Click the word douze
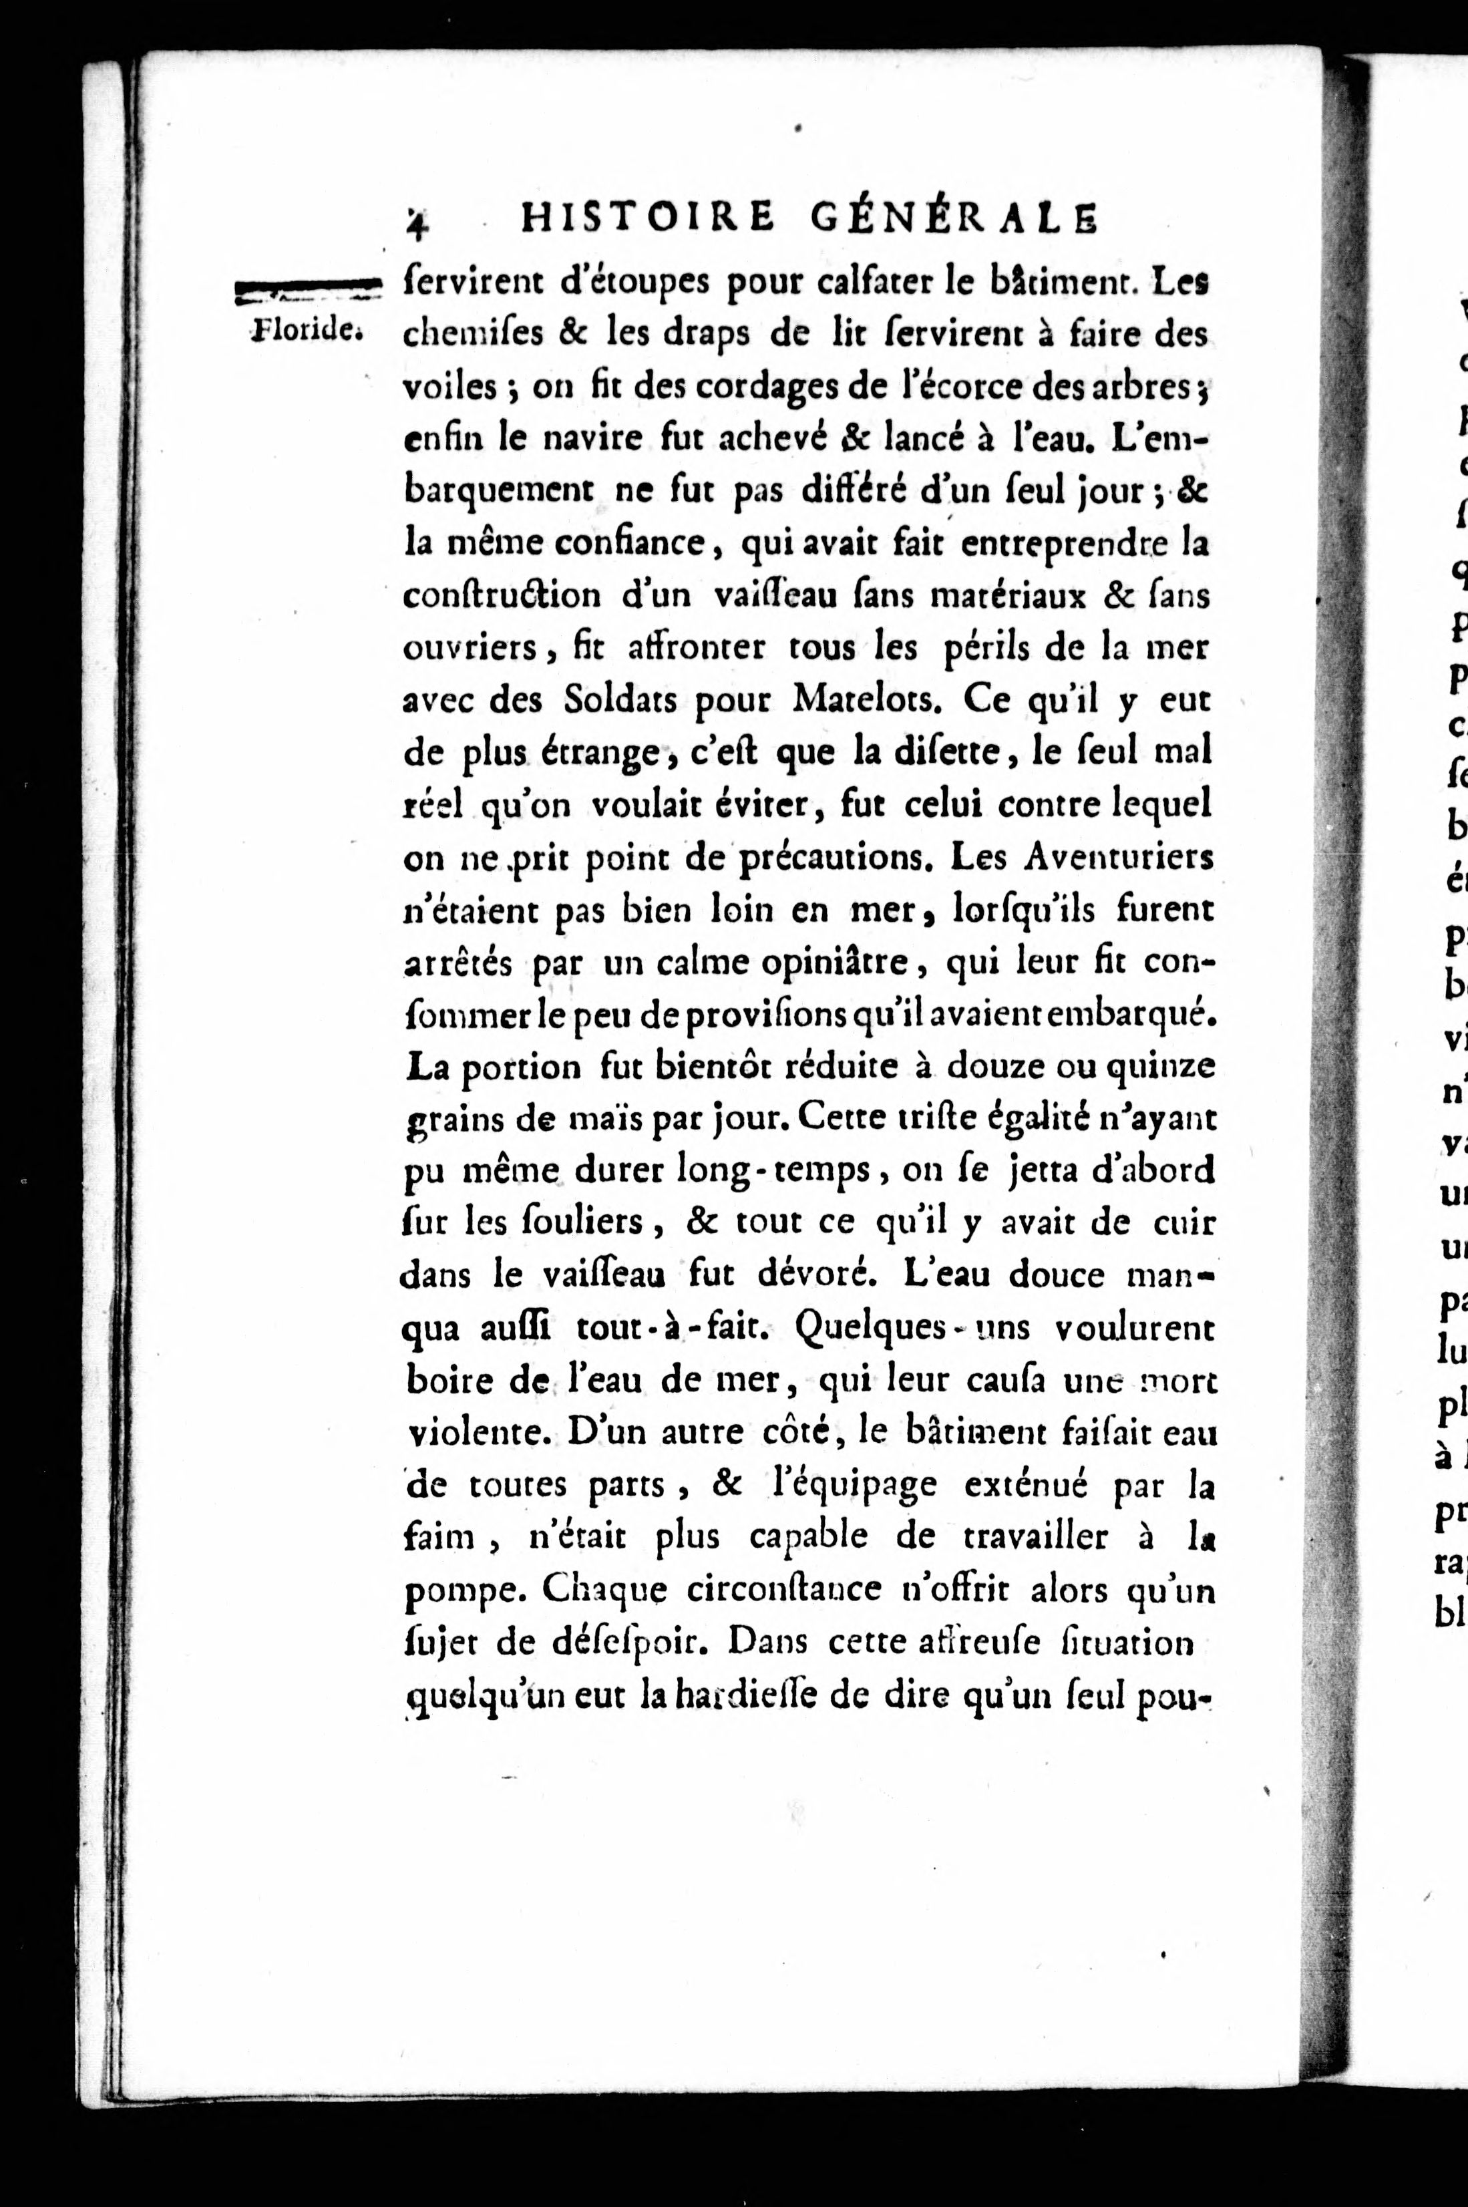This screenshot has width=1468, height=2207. pos(993,1067)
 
